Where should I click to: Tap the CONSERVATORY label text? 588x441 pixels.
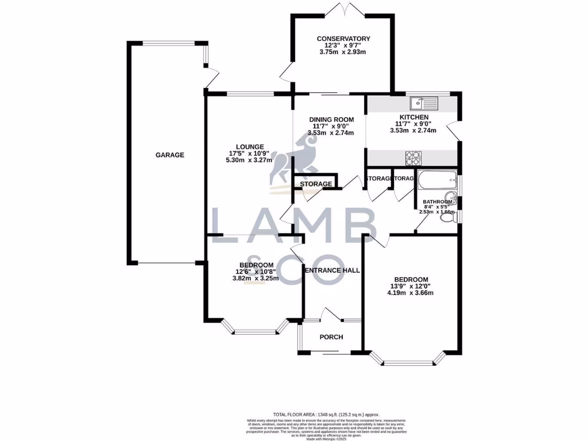(x=343, y=39)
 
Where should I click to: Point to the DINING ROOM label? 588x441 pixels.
(x=330, y=119)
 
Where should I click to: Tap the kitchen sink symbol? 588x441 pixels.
(x=424, y=103)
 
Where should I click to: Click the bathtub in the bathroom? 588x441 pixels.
(x=436, y=181)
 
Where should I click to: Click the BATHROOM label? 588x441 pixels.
(x=439, y=202)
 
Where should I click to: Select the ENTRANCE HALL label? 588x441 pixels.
(x=332, y=270)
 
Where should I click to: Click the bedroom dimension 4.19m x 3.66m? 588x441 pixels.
(x=410, y=293)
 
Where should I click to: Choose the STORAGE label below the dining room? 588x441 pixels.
(x=315, y=184)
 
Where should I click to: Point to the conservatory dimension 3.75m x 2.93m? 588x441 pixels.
(x=343, y=52)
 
